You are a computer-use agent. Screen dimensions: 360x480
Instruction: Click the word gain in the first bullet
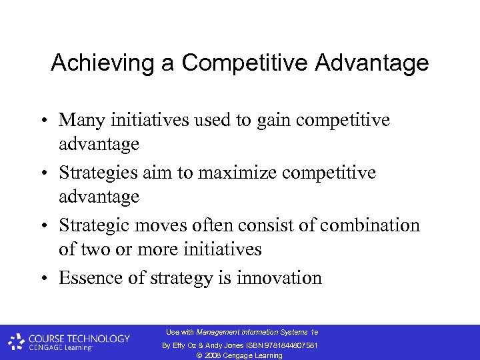[x=253, y=120]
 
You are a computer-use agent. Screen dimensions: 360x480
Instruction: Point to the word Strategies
[x=99, y=173]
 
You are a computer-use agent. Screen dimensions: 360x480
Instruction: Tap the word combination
[x=370, y=225]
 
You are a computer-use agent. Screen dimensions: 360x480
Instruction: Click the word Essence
[x=89, y=278]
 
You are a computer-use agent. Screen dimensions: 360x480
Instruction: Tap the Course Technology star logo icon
[x=17, y=341]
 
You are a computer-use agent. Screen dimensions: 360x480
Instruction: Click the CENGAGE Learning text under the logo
[x=61, y=347]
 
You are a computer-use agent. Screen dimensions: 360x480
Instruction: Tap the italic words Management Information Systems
[x=252, y=332]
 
